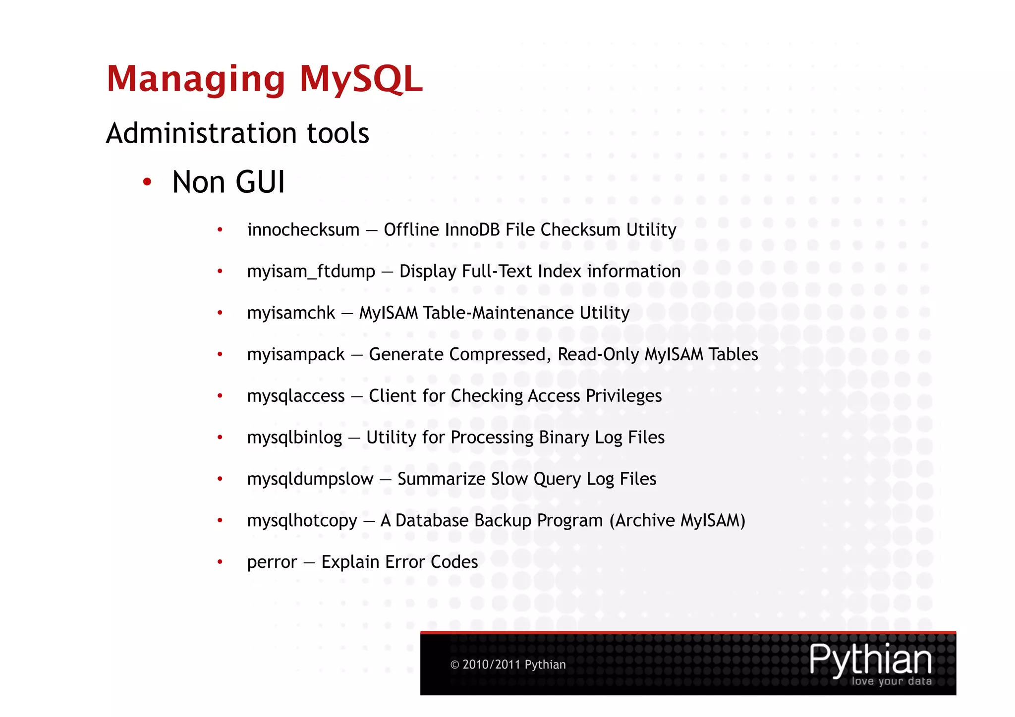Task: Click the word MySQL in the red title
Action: (361, 79)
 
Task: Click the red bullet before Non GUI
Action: (147, 182)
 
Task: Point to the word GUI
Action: (260, 182)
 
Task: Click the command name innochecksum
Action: (303, 230)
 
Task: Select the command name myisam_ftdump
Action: (311, 272)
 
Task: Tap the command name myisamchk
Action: (291, 313)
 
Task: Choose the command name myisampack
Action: (295, 355)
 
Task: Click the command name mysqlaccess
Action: (295, 396)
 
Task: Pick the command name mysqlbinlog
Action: (294, 438)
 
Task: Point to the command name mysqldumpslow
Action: (310, 479)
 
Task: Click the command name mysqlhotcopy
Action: (302, 521)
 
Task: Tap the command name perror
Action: (272, 562)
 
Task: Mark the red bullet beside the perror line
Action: (220, 562)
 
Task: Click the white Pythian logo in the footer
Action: (870, 660)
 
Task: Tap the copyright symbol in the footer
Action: (454, 665)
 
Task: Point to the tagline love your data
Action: (891, 681)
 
